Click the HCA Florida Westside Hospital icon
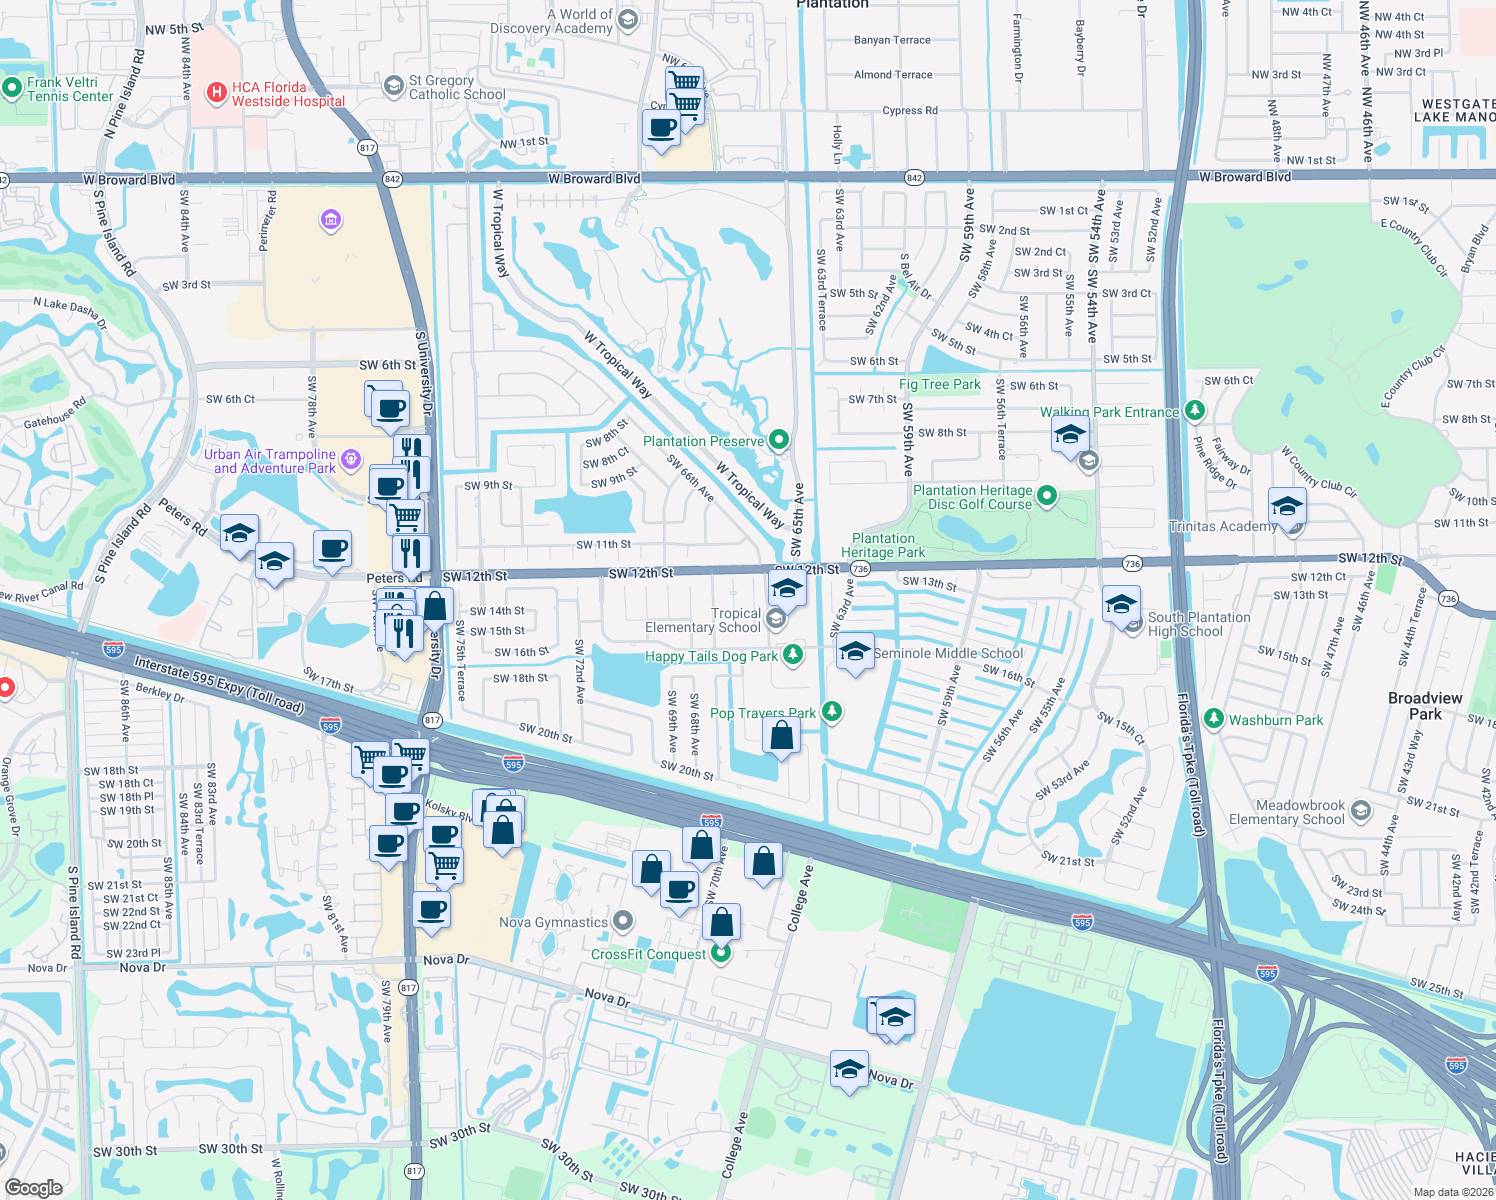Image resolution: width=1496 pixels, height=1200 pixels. (x=216, y=94)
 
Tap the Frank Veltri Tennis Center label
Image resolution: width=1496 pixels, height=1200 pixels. (x=69, y=89)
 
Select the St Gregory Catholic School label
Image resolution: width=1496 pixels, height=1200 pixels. (x=457, y=87)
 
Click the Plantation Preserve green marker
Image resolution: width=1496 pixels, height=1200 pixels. (x=779, y=440)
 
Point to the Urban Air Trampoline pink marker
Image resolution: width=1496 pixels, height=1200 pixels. (x=350, y=459)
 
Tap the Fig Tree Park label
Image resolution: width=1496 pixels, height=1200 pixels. (x=939, y=384)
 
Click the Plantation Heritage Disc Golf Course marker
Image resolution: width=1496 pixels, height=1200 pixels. (x=1046, y=495)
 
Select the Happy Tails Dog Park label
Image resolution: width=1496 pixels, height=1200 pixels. (x=711, y=656)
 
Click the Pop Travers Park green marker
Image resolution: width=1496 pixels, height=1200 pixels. (x=831, y=712)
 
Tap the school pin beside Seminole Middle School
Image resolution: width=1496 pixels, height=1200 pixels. (x=855, y=652)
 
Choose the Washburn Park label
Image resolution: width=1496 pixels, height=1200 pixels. (x=1275, y=720)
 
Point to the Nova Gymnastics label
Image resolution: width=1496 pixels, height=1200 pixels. (x=553, y=922)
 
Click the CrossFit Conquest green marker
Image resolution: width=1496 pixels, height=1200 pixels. (x=720, y=953)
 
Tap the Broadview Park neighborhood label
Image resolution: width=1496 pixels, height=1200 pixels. (x=1425, y=706)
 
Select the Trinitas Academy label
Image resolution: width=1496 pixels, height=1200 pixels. (x=1222, y=526)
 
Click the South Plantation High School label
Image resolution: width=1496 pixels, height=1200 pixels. (x=1198, y=624)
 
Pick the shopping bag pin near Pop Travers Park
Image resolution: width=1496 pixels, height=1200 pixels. (x=781, y=736)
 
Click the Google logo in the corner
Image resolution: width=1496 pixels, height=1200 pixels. (x=34, y=1187)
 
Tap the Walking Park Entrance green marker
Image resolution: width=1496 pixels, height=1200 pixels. (x=1193, y=410)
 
